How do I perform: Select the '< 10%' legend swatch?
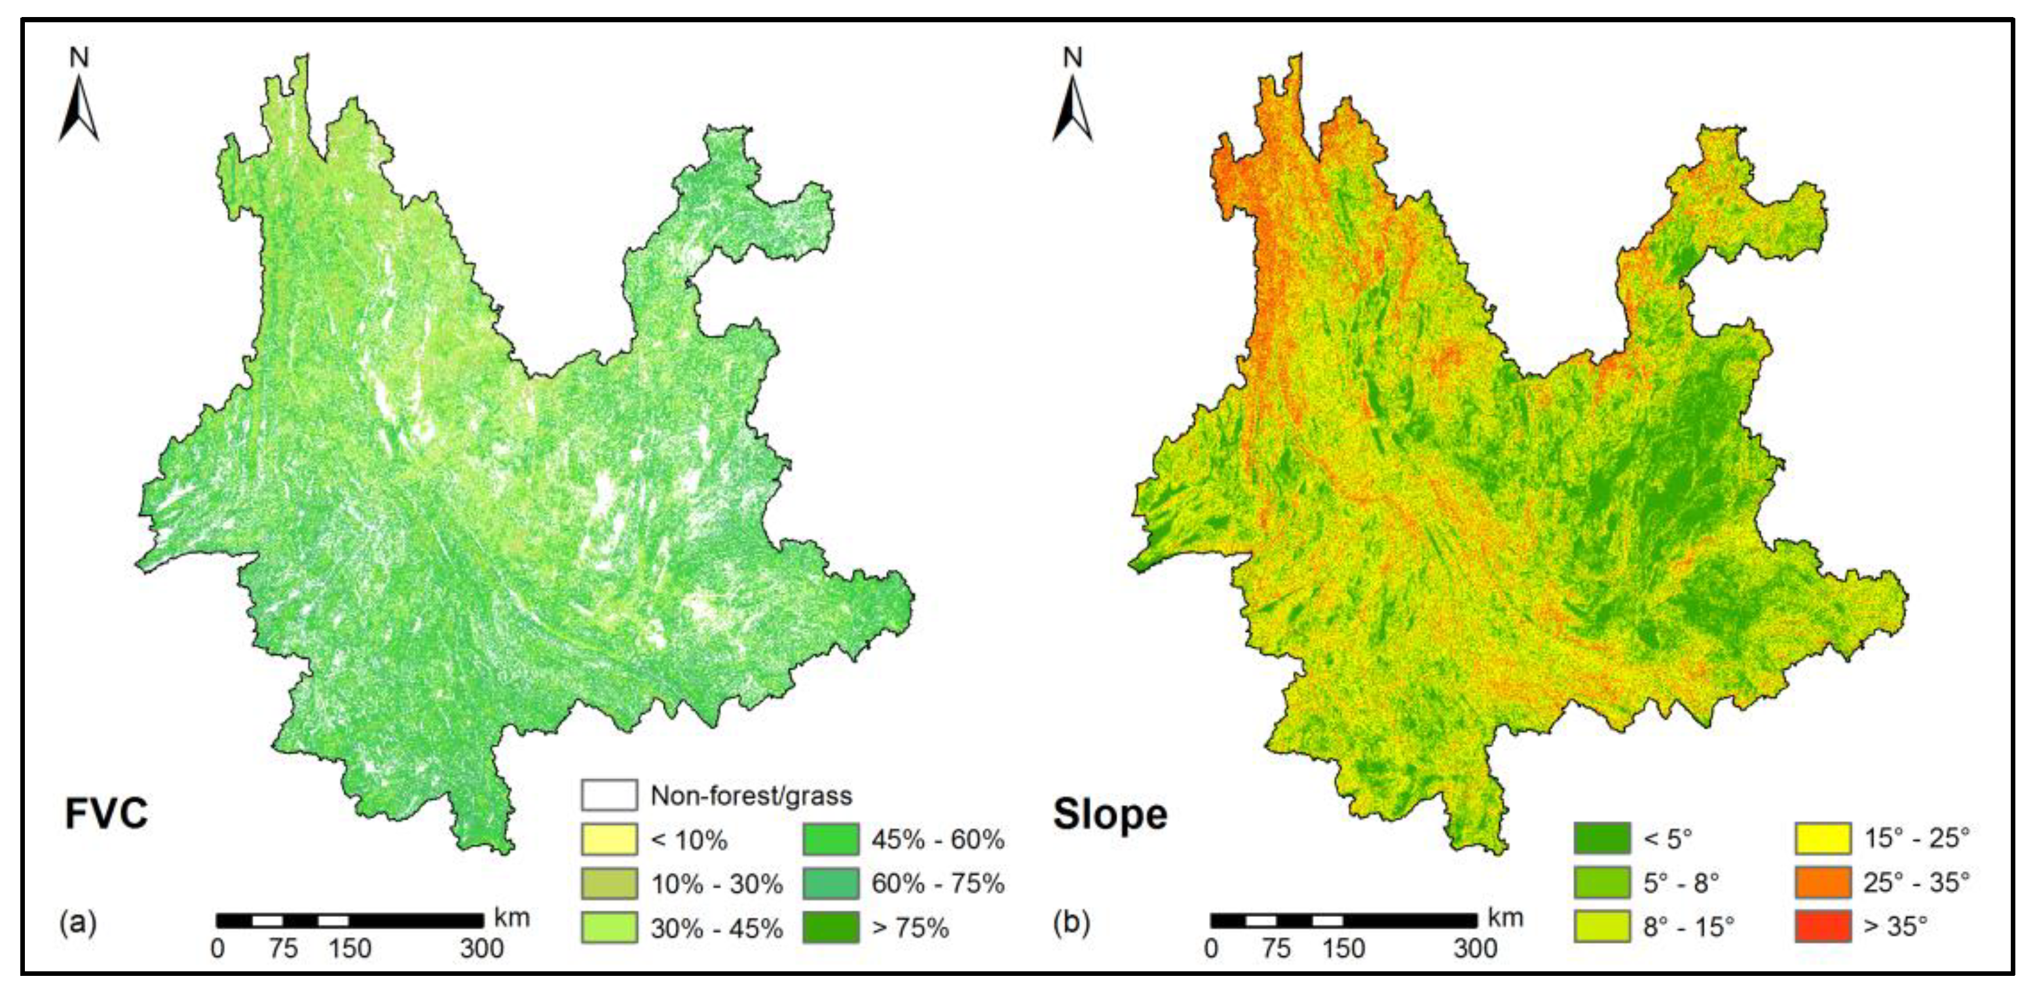(x=608, y=839)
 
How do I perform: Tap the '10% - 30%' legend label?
(x=717, y=884)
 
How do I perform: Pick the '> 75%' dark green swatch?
(x=831, y=927)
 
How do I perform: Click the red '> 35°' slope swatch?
(x=1823, y=926)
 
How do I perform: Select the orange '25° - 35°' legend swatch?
(x=1823, y=882)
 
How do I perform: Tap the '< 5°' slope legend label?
(x=1668, y=838)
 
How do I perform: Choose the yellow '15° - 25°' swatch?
(x=1823, y=838)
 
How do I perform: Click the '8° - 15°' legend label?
(x=1689, y=927)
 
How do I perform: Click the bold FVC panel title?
(x=106, y=813)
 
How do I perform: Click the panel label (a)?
(x=77, y=922)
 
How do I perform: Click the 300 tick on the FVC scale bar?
(x=482, y=948)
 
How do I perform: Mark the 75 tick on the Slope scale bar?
(x=1276, y=948)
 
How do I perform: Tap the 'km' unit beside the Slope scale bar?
(x=1506, y=918)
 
